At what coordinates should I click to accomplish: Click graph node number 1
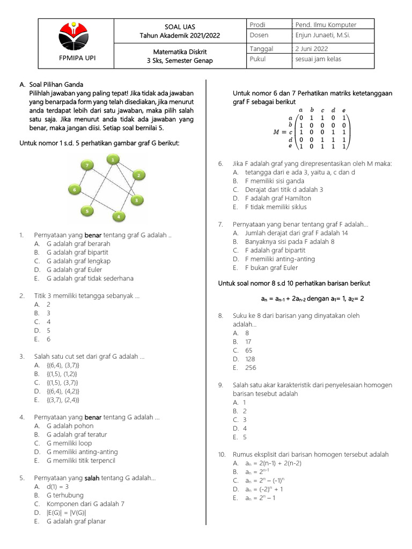pos(113,159)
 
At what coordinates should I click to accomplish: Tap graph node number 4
pos(119,217)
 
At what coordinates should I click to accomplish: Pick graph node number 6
pos(76,189)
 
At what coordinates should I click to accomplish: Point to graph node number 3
pos(137,201)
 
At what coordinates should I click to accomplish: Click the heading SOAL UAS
pos(180,26)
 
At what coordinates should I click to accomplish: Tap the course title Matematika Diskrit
pos(180,51)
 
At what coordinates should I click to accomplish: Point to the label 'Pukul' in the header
pos(257,59)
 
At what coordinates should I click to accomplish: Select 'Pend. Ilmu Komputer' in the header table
pos(326,25)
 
